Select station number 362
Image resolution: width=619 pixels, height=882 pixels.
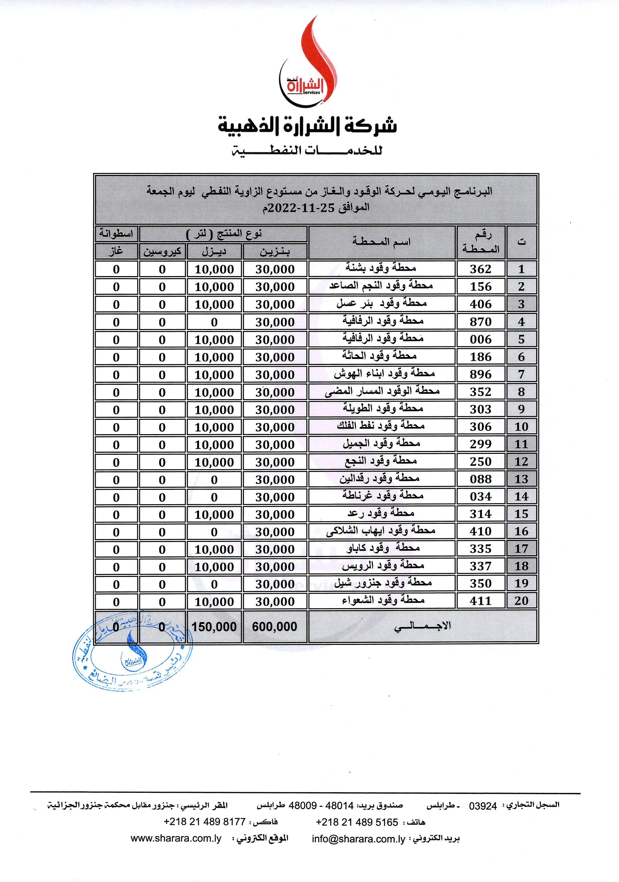click(480, 269)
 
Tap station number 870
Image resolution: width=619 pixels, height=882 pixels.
click(480, 321)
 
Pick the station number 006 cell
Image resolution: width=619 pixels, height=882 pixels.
click(480, 339)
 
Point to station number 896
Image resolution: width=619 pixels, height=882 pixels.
click(480, 374)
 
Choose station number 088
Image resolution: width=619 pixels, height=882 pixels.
click(480, 479)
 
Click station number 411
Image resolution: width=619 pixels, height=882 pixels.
click(480, 601)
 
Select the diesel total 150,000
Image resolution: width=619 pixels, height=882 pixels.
click(214, 627)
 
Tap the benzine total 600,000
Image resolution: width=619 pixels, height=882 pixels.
click(275, 627)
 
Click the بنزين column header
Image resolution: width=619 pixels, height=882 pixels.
click(275, 252)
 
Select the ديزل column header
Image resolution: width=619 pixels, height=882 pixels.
click(214, 252)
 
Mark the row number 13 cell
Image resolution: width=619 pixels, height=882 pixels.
click(521, 479)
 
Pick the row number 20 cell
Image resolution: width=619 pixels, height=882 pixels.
click(521, 601)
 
